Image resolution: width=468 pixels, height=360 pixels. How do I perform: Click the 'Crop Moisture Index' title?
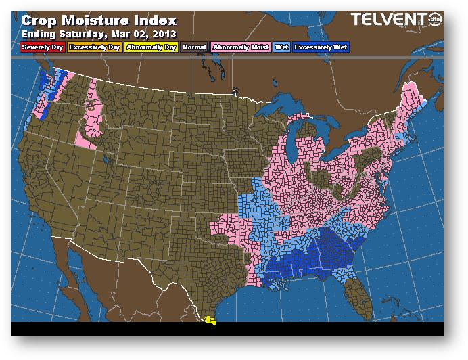click(x=99, y=20)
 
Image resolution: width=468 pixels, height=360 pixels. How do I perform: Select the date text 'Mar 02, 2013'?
click(x=146, y=34)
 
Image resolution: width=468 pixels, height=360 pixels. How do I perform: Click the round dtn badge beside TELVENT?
click(x=434, y=20)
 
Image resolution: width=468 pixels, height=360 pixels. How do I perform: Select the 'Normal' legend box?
click(x=194, y=47)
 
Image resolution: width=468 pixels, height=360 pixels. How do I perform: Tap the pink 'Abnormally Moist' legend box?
click(x=240, y=47)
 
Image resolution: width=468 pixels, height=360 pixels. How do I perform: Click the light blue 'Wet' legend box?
click(x=281, y=47)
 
